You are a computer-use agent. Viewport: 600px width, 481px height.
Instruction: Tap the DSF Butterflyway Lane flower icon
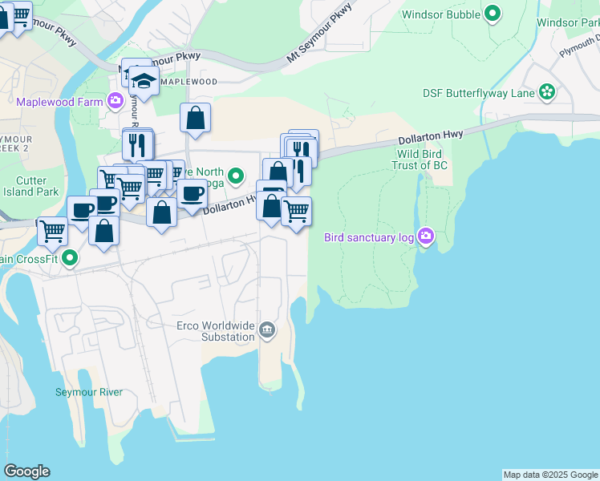coord(547,92)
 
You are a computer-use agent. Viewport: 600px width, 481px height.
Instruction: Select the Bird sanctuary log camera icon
coord(425,236)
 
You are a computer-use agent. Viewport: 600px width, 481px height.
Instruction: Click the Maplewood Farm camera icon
coord(116,102)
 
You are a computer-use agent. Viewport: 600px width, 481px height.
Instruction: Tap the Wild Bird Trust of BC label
coord(422,160)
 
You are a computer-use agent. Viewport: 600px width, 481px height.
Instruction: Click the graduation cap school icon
coord(144,80)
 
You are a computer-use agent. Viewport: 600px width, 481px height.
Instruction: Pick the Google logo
coord(26,471)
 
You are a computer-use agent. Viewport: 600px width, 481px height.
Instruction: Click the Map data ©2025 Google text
coord(550,475)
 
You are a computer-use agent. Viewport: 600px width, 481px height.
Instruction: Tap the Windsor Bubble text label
coord(440,14)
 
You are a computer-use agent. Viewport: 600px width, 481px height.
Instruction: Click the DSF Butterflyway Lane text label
coord(479,93)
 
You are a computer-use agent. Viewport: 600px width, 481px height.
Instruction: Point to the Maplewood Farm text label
coord(61,102)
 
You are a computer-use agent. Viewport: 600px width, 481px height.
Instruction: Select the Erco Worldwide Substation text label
coord(216,331)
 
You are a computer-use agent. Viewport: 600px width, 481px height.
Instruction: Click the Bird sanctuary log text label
coord(369,237)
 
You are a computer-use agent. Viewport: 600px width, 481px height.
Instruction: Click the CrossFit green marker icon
coord(70,258)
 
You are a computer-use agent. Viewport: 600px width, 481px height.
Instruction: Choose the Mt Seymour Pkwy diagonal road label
coord(319,34)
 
